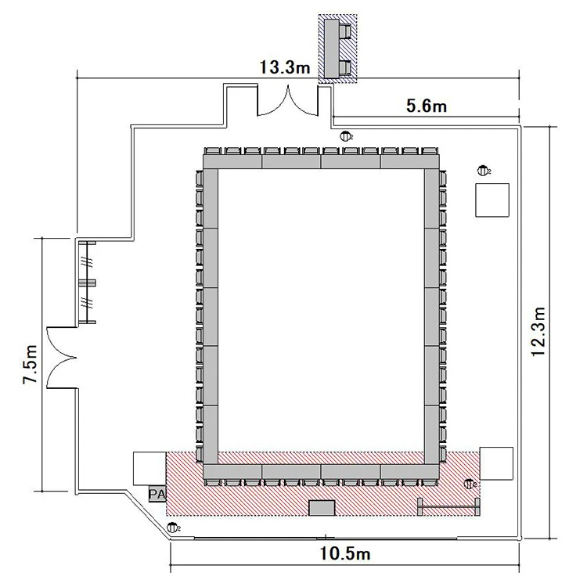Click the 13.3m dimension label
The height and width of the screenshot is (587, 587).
(x=285, y=68)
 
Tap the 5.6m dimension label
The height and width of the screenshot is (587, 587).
(x=427, y=106)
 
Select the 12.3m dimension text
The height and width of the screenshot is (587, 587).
(x=538, y=332)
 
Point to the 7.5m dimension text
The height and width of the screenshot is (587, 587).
(x=31, y=364)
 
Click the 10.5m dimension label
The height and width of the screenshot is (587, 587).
(x=345, y=553)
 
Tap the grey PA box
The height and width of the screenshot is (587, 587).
(x=157, y=494)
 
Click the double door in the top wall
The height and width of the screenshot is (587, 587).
(x=287, y=100)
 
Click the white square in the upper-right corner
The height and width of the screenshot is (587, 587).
(x=492, y=200)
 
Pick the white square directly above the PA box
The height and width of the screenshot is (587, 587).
(x=149, y=469)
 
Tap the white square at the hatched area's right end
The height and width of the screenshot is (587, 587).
(x=496, y=463)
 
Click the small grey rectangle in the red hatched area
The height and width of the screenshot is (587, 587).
(x=322, y=508)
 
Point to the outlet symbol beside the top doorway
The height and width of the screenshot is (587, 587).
(x=345, y=136)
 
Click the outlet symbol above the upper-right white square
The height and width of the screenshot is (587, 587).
(x=484, y=171)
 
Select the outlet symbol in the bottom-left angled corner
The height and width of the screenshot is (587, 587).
(x=173, y=528)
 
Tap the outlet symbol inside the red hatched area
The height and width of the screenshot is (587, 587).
(x=469, y=484)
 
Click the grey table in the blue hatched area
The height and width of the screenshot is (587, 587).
(x=332, y=49)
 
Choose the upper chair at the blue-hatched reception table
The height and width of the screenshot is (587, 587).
(x=345, y=31)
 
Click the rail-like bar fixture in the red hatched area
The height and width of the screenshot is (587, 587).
(x=448, y=507)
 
